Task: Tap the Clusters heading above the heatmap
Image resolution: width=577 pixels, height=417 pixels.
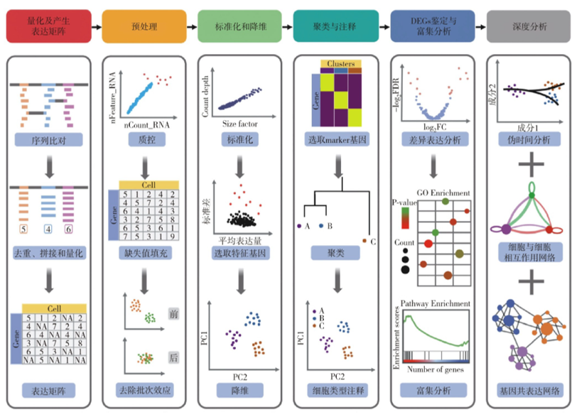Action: [x=340, y=64]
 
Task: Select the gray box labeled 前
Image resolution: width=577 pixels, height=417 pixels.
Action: [x=174, y=313]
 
